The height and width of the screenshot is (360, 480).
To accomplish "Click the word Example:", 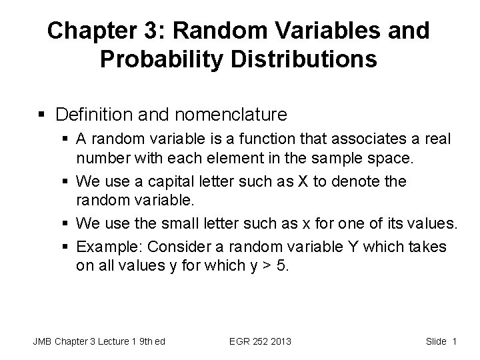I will tap(109, 247).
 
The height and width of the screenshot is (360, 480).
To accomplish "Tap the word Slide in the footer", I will tap(435, 341).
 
